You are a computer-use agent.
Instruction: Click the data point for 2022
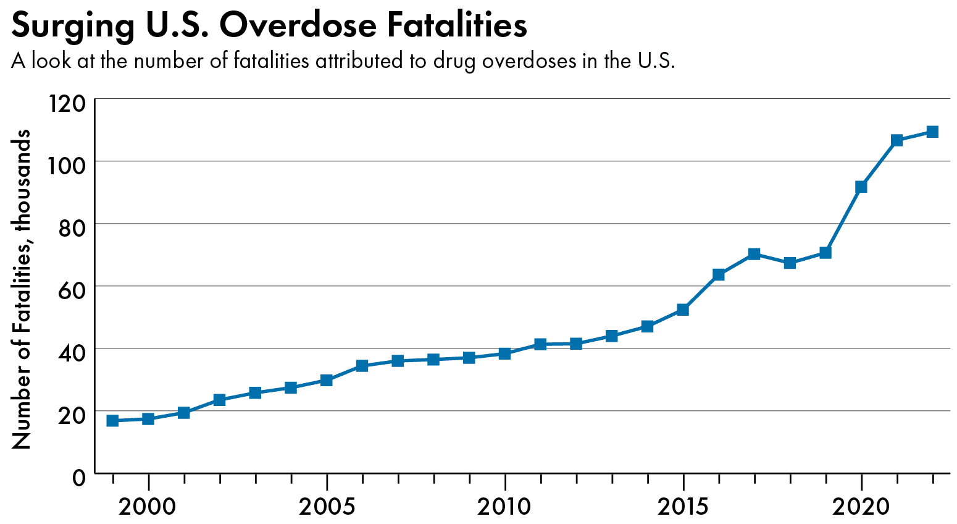coord(932,132)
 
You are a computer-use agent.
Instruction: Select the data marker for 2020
coord(861,187)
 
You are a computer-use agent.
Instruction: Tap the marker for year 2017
coord(754,254)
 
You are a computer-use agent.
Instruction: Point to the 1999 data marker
coord(112,421)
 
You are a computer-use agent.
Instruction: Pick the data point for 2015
coord(682,310)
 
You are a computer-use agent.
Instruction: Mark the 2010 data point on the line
coord(504,353)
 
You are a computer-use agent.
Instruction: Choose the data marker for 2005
coord(327,380)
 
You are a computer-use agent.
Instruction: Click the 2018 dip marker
coord(790,263)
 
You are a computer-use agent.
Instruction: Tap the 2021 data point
coord(896,140)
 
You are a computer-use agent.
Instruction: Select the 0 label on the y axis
coord(78,478)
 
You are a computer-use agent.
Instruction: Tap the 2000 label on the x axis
coord(148,507)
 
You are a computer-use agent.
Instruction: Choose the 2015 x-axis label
coord(682,507)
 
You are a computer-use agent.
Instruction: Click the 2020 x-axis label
coord(861,507)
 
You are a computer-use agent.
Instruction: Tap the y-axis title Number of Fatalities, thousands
coord(22,289)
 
